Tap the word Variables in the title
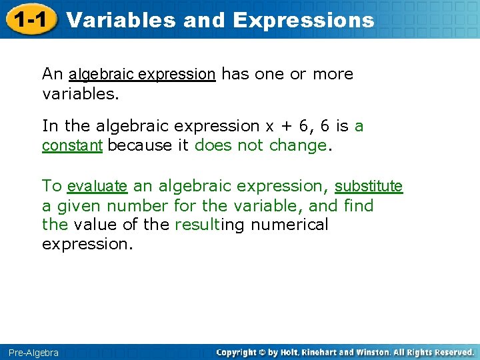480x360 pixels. [x=121, y=20]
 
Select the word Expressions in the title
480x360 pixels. [x=303, y=20]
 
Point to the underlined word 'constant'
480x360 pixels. [x=72, y=145]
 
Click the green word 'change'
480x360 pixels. [x=298, y=145]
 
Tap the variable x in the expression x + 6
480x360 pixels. [x=270, y=127]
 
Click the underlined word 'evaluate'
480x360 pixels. [x=97, y=186]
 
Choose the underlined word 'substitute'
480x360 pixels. [x=369, y=186]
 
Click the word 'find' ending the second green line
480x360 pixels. [x=359, y=205]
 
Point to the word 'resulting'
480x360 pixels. [x=209, y=225]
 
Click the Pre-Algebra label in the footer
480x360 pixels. [x=33, y=352]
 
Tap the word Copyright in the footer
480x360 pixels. [x=239, y=352]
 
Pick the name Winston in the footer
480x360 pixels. [x=371, y=352]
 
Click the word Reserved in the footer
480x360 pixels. [x=451, y=352]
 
